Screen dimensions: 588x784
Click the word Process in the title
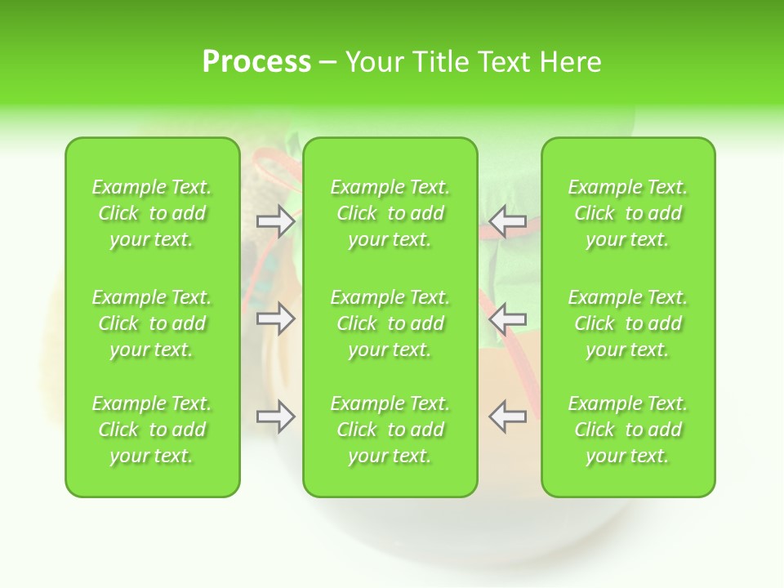pyautogui.click(x=256, y=62)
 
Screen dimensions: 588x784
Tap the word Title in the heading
pyautogui.click(x=439, y=62)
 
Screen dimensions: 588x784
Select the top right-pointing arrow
pyautogui.click(x=276, y=221)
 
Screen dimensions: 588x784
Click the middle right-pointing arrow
pyautogui.click(x=276, y=318)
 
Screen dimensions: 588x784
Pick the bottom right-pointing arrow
pyautogui.click(x=276, y=416)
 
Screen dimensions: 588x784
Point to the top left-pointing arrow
pyautogui.click(x=507, y=221)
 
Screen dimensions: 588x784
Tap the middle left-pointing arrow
pyautogui.click(x=507, y=318)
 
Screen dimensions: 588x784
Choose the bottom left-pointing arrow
pyautogui.click(x=507, y=416)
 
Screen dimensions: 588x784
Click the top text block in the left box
pyautogui.click(x=152, y=213)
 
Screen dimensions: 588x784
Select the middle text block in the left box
pyautogui.click(x=152, y=323)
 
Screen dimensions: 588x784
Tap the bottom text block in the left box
pyautogui.click(x=152, y=430)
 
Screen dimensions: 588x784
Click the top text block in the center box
pyautogui.click(x=390, y=213)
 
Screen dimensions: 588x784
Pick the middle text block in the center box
pyautogui.click(x=390, y=323)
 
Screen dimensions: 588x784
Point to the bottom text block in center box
pyautogui.click(x=390, y=430)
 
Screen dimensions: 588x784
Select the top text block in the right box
pyautogui.click(x=627, y=213)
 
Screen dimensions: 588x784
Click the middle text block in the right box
pyautogui.click(x=627, y=323)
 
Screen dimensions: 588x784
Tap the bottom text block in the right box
pyautogui.click(x=627, y=430)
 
